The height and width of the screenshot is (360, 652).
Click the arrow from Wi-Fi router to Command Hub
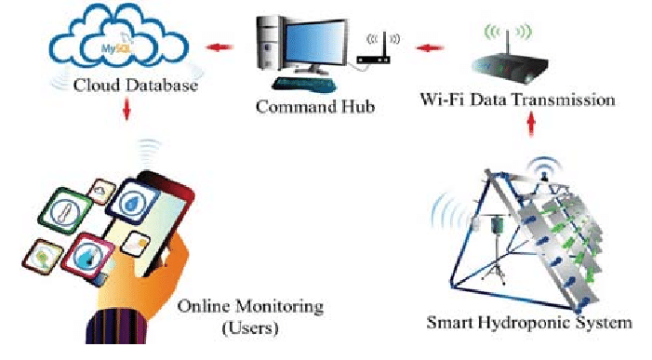click(x=425, y=46)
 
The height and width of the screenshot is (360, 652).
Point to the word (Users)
click(x=253, y=327)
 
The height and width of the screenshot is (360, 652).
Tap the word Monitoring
click(x=278, y=305)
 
